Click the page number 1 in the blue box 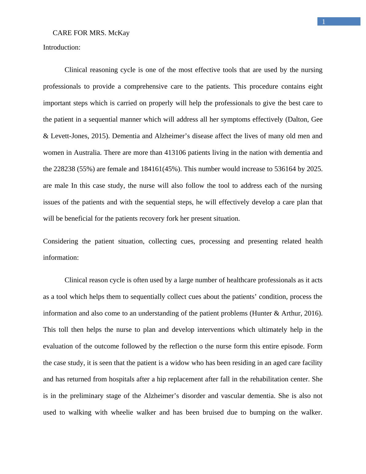pyautogui.click(x=324, y=22)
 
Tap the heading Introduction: pyautogui.click(x=62, y=47)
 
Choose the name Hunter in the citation pyautogui.click(x=261, y=313)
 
